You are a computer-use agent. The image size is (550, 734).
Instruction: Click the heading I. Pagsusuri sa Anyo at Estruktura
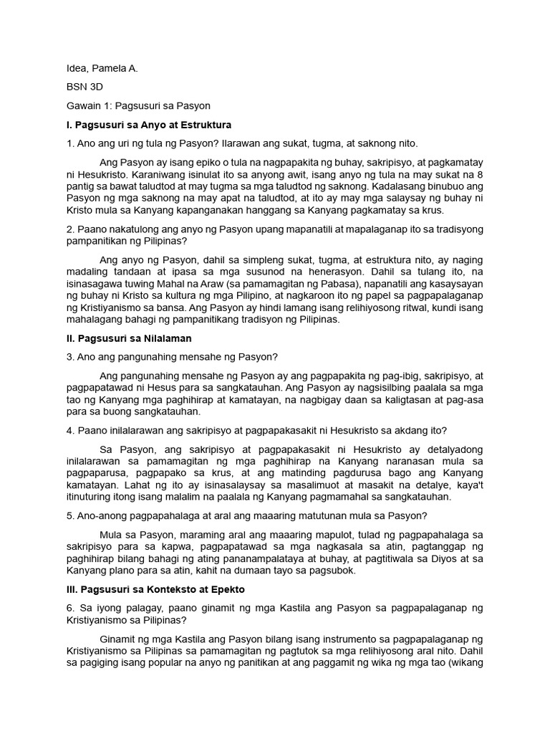(149, 125)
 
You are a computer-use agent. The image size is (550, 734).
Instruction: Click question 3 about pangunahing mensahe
(172, 356)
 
